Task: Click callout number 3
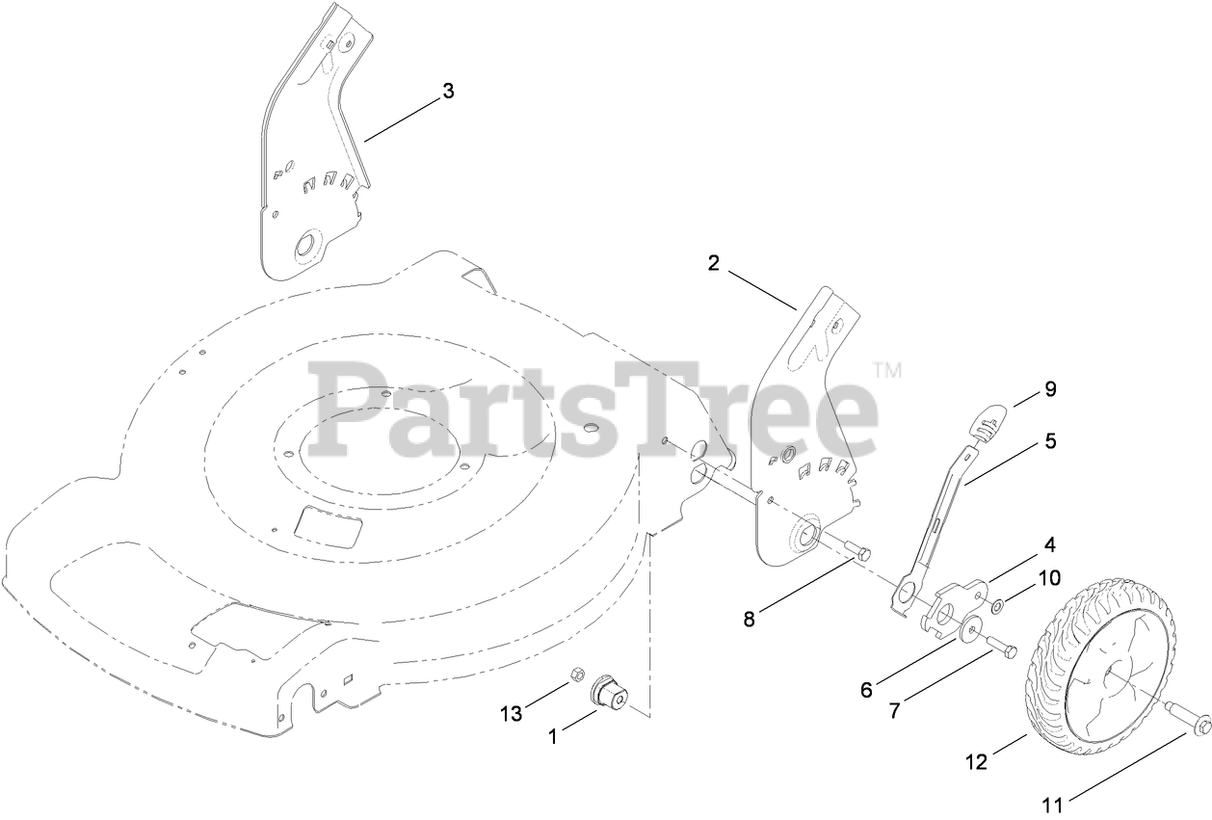[447, 92]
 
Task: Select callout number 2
[713, 263]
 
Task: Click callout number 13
[511, 713]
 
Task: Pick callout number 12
[975, 763]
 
